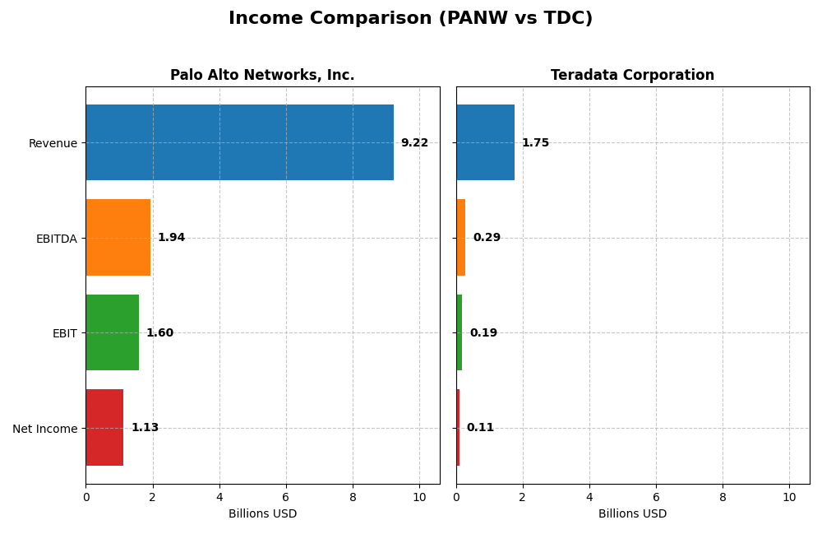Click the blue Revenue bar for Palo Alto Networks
[239, 142]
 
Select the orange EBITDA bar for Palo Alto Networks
[118, 238]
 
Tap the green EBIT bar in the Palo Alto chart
[113, 332]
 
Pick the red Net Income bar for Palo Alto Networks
[104, 428]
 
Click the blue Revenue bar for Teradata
[485, 142]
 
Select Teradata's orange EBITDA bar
[461, 238]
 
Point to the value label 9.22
[414, 143]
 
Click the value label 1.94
[171, 238]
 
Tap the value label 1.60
[159, 333]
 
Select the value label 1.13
[145, 428]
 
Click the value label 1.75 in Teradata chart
[535, 143]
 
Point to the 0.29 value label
[487, 238]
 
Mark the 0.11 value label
[480, 428]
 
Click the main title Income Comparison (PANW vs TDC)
[410, 18]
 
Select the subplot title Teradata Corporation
[632, 76]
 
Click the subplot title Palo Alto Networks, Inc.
[262, 76]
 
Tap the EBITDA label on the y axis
[56, 239]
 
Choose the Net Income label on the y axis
[44, 429]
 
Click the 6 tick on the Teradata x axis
[656, 498]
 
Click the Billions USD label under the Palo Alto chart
[262, 514]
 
